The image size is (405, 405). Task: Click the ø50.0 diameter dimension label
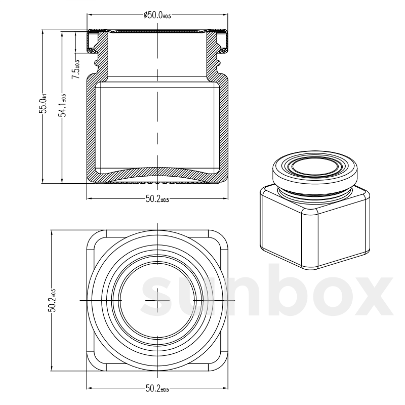[157, 15]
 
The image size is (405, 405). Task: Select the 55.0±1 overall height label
[44, 105]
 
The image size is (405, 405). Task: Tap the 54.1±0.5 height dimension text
[63, 105]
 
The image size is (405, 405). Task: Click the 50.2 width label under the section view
[157, 199]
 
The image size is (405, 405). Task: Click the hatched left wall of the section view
[91, 128]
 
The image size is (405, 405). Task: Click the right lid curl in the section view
[223, 42]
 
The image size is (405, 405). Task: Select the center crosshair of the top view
[157, 300]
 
